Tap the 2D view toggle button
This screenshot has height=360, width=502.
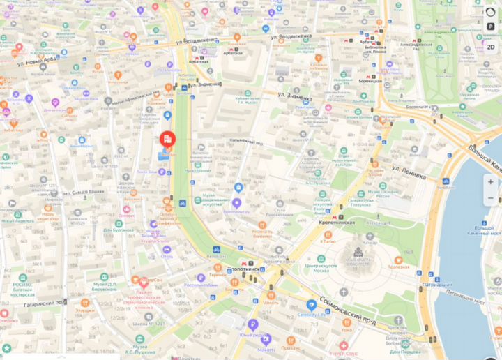[x=491, y=47]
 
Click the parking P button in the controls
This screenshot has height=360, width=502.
[x=491, y=27]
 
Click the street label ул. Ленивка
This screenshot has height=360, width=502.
[x=408, y=172]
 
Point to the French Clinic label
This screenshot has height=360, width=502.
[x=341, y=353]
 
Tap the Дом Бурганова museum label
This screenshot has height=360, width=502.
[x=119, y=230]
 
